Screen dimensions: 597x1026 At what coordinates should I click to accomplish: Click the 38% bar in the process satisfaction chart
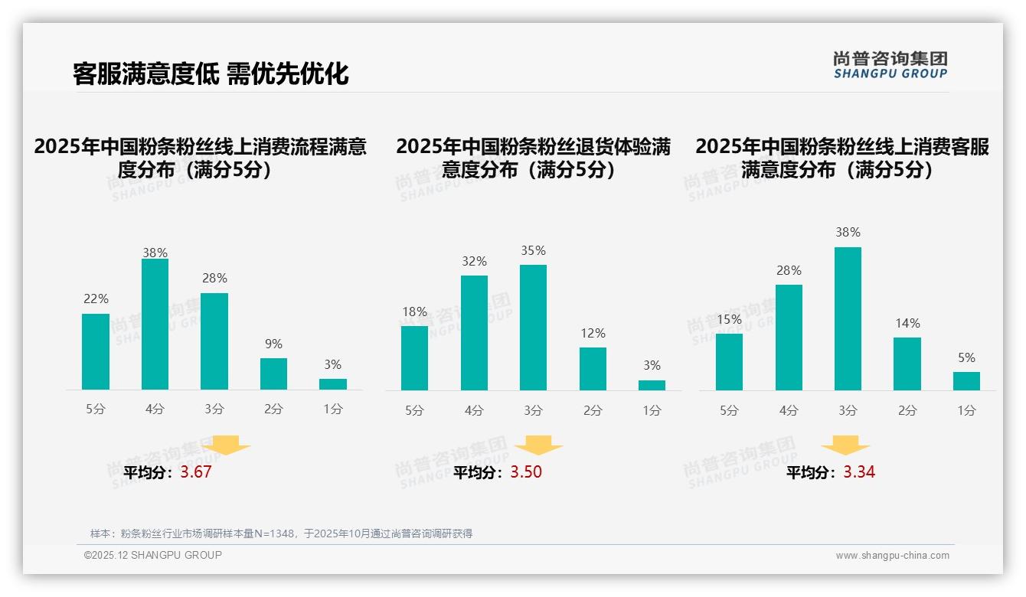pyautogui.click(x=155, y=325)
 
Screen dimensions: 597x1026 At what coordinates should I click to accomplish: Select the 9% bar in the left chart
pyautogui.click(x=273, y=374)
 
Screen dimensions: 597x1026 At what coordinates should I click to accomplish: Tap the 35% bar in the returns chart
pyautogui.click(x=533, y=328)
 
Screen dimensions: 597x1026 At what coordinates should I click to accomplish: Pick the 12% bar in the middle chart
pyautogui.click(x=593, y=369)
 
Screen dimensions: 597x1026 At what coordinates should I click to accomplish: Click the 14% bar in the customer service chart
pyautogui.click(x=907, y=364)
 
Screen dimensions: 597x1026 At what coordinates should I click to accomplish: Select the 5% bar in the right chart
pyautogui.click(x=966, y=381)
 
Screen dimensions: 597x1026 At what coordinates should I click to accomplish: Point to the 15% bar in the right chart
pyautogui.click(x=729, y=362)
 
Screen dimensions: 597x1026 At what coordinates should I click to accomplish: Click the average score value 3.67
pyautogui.click(x=196, y=472)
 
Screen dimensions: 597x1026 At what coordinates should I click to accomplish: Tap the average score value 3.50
pyautogui.click(x=526, y=472)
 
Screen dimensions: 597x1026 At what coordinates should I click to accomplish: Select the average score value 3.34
pyautogui.click(x=859, y=472)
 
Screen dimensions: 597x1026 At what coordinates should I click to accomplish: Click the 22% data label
pyautogui.click(x=96, y=299)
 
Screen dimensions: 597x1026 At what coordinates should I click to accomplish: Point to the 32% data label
pyautogui.click(x=474, y=262)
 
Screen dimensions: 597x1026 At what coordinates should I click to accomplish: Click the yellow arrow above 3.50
pyautogui.click(x=538, y=445)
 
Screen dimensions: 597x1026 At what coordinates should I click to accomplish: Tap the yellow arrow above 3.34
pyautogui.click(x=845, y=445)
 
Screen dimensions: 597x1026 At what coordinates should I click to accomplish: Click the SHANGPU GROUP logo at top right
pyautogui.click(x=890, y=65)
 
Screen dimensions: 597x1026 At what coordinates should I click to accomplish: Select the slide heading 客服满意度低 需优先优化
pyautogui.click(x=211, y=73)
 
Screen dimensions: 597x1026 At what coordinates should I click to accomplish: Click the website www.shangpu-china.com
pyautogui.click(x=892, y=556)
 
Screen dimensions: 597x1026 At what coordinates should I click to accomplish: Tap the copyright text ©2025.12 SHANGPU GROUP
pyautogui.click(x=153, y=555)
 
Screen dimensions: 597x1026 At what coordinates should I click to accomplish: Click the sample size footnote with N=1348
pyautogui.click(x=281, y=533)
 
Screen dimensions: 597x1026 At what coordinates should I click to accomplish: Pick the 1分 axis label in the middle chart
pyautogui.click(x=652, y=411)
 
